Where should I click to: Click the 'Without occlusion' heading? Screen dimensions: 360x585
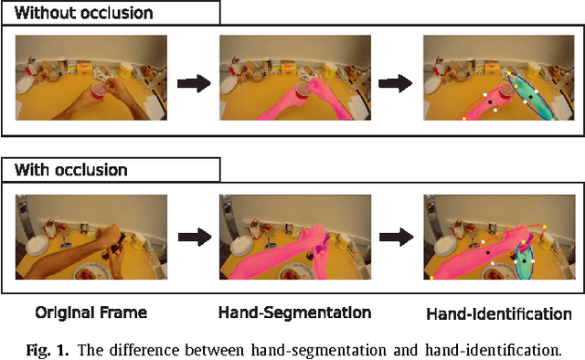83,14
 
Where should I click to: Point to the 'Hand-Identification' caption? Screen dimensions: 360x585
498,314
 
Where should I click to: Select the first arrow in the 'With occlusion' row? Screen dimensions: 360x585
192,238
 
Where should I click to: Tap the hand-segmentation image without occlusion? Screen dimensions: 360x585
294,78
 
